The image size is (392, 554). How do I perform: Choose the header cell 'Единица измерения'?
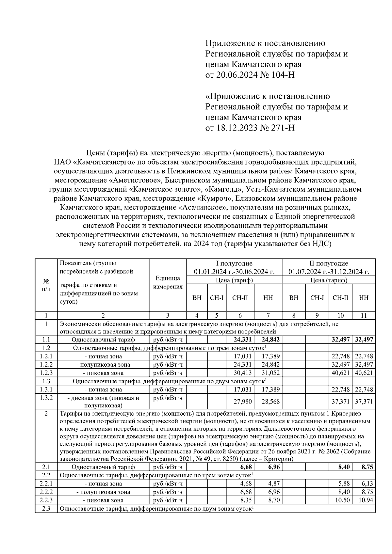168,282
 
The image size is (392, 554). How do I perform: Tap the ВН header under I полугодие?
197,297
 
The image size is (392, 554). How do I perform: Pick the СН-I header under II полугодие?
317,297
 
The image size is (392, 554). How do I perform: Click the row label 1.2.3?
46,373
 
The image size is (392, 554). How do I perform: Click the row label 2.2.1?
46,483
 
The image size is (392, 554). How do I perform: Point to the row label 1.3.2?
46,398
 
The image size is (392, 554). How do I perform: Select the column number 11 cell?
364,315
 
